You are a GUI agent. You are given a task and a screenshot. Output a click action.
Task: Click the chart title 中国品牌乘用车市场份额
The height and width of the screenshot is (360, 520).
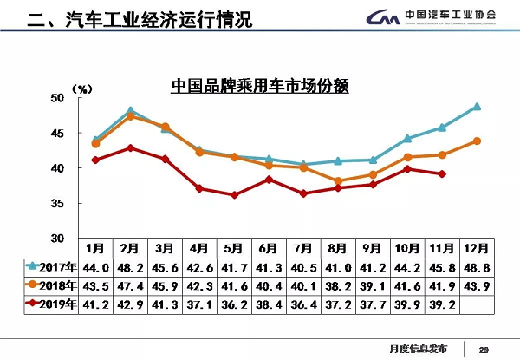pos(260,86)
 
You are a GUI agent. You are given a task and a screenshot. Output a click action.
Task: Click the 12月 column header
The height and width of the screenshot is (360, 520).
pos(477,246)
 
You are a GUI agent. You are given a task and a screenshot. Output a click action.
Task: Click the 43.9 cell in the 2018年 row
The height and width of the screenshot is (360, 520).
pos(477,285)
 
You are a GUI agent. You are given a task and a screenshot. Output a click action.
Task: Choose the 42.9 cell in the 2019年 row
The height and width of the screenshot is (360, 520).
pos(130,304)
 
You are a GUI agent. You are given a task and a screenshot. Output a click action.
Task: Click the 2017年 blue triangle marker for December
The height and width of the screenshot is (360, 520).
pos(477,107)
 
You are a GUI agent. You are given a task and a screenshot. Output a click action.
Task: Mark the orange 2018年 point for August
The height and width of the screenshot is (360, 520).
pos(338,181)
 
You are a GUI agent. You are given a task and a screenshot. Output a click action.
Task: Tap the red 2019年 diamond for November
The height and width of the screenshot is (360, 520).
pos(442,173)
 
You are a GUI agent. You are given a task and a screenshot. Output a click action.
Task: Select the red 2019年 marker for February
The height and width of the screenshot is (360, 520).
pos(130,147)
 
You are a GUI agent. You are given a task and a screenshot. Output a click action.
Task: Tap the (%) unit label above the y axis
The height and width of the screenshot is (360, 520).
pos(81,88)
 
